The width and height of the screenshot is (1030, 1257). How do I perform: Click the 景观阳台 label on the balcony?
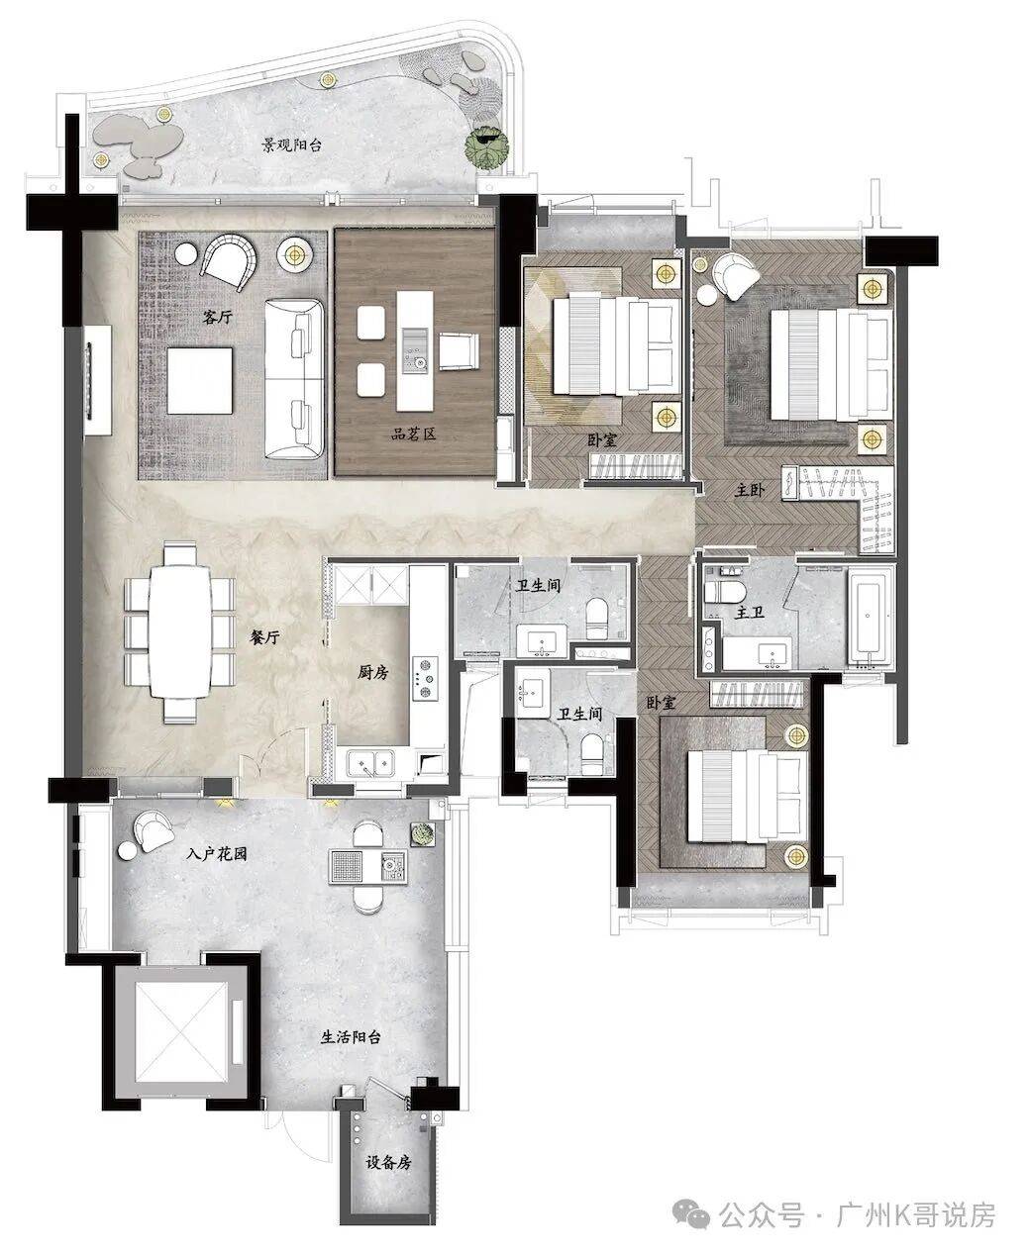(291, 145)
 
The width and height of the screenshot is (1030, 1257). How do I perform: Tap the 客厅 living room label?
(217, 317)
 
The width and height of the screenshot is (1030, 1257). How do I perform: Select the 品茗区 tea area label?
(413, 434)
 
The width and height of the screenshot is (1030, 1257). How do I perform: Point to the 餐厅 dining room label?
(264, 637)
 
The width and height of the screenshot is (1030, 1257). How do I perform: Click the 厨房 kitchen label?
(373, 673)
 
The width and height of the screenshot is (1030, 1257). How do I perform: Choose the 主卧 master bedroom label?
(750, 491)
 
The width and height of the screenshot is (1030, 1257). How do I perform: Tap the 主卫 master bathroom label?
(750, 612)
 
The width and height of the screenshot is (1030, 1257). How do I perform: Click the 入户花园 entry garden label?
(216, 854)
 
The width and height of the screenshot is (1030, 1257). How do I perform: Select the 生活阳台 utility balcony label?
(351, 1037)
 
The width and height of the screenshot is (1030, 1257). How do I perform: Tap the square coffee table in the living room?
(199, 381)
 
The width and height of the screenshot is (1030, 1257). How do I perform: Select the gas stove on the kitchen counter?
(425, 678)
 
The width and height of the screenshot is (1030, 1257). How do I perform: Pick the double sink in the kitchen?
(371, 762)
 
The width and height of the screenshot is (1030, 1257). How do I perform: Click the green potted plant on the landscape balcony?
(486, 146)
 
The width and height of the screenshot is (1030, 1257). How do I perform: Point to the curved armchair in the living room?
(229, 260)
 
